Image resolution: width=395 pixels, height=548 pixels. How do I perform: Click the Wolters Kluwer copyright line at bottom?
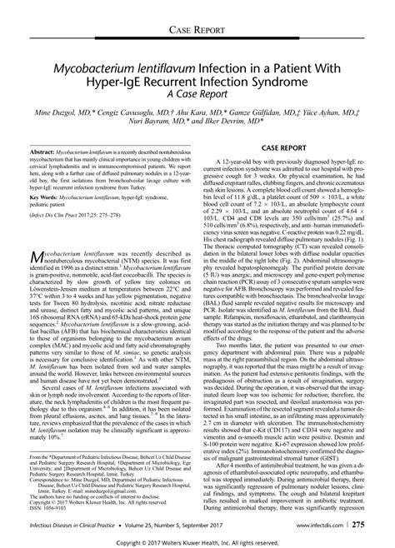coord(197,542)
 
